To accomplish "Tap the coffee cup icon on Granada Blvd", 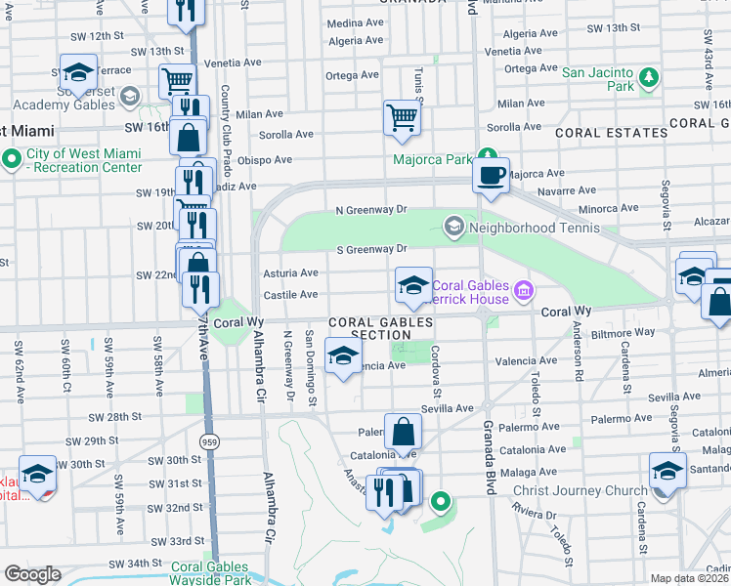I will (x=490, y=176).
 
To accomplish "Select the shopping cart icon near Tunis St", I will (x=402, y=118).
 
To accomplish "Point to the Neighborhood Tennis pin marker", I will (x=453, y=227).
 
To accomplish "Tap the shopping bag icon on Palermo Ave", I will (x=403, y=431).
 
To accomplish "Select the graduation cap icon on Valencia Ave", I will (x=343, y=357).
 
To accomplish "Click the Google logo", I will (x=33, y=574).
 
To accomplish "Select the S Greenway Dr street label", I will (x=370, y=249).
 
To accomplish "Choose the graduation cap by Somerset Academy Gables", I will (x=77, y=72).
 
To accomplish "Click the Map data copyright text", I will (x=690, y=578).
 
